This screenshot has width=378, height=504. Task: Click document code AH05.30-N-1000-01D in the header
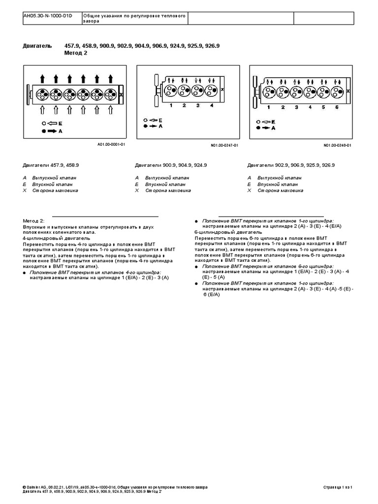tap(47, 16)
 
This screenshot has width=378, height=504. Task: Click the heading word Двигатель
tap(37, 46)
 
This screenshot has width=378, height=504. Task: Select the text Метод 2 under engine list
tap(75, 53)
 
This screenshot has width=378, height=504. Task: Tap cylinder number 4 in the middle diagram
tap(212, 106)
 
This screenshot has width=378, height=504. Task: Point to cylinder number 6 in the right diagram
tap(337, 107)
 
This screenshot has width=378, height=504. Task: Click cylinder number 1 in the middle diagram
tap(170, 106)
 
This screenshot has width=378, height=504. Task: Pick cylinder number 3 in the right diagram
tap(296, 107)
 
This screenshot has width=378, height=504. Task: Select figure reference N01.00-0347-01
tap(224, 145)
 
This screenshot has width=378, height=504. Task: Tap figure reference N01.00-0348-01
tap(338, 145)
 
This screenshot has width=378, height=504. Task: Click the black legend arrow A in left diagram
tap(54, 132)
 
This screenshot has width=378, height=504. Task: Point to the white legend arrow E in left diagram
tap(54, 123)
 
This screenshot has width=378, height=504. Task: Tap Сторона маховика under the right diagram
tap(280, 190)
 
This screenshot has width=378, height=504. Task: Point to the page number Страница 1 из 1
tap(339, 487)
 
